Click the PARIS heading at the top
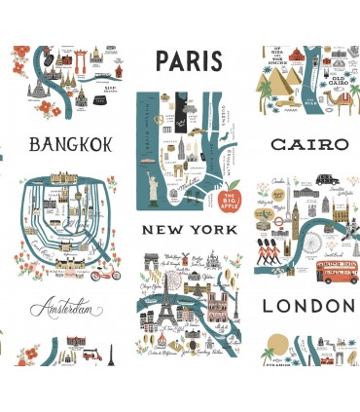pos(188,61)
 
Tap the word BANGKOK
pos(71,145)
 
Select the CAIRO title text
pos(308,144)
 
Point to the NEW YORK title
pos(189,230)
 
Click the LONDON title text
pos(308,306)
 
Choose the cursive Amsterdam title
pos(66,310)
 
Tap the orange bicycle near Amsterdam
pos(103,276)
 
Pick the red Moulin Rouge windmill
pos(152,259)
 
